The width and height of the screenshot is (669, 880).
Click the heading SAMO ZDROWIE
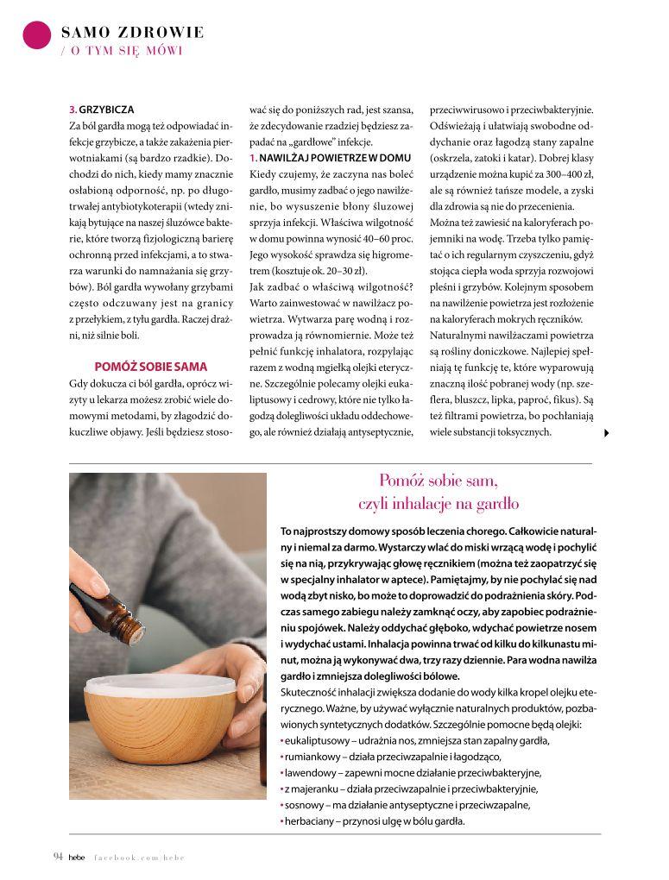coord(132,33)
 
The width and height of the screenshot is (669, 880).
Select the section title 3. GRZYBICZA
coord(101,110)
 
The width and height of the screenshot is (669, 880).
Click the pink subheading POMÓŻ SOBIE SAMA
coord(151,366)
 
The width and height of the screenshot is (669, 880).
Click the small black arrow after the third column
coord(607,433)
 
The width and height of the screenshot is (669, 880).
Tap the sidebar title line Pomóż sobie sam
coord(439,480)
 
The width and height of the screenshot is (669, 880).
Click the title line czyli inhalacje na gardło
coord(439,503)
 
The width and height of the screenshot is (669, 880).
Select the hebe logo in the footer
coord(78,857)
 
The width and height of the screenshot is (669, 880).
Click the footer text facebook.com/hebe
coord(140,857)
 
